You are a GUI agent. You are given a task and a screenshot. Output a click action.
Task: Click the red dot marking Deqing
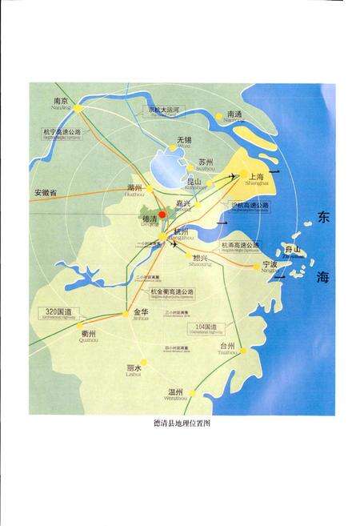[162, 215]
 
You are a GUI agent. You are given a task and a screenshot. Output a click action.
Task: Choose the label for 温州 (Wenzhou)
[177, 391]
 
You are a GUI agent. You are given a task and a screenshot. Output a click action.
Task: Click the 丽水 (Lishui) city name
[134, 368]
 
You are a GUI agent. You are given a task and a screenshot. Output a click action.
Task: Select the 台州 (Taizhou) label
[228, 347]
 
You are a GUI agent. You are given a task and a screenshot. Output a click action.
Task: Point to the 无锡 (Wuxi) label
[184, 141]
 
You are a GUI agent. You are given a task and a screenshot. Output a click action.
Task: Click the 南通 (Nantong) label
[234, 114]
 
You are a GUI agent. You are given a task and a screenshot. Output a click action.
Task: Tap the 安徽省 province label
[47, 193]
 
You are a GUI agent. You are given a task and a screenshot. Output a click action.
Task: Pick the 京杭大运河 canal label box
[166, 110]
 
